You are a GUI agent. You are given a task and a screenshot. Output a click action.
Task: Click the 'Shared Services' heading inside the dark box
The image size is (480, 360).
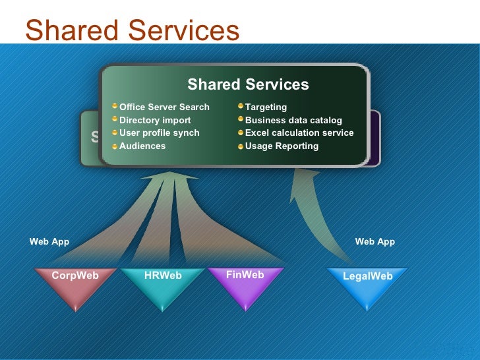point(248,84)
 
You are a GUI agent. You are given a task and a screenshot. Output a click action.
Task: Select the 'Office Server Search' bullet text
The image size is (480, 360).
point(164,107)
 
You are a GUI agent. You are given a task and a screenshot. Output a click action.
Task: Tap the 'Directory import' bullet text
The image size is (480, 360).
point(155,120)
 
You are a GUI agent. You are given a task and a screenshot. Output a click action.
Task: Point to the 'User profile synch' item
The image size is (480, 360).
point(159,133)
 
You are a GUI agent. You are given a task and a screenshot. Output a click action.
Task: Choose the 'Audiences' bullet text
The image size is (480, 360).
point(142,146)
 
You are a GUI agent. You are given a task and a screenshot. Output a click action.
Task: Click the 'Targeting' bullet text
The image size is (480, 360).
point(266,107)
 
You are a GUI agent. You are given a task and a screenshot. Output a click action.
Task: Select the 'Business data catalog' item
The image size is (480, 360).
point(293,120)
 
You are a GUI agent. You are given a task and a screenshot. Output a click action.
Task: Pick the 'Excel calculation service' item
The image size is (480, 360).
point(299,133)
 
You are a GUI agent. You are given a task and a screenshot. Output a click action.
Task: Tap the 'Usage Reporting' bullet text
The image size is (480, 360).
point(282,146)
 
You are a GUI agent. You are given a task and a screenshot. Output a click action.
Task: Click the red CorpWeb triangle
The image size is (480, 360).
point(75,285)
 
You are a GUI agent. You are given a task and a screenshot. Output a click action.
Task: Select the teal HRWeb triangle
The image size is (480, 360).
point(163,285)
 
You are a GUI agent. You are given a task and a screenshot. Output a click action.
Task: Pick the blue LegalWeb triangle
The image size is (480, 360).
point(367,285)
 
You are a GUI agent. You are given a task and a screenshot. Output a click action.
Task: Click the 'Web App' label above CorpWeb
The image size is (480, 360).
point(49,242)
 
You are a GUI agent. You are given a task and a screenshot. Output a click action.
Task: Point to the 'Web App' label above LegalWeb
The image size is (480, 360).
point(375,242)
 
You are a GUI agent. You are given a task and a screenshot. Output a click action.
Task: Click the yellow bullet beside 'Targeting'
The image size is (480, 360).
point(241,106)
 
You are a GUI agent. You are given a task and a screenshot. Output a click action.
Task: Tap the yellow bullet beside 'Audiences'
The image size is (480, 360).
point(115,146)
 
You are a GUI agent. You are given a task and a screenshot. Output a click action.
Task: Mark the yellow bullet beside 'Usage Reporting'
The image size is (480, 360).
point(241,146)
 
